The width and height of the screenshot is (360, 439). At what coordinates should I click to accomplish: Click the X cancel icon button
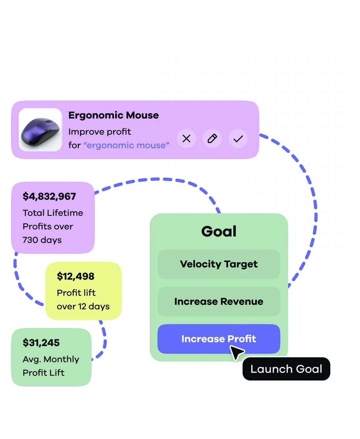click(186, 139)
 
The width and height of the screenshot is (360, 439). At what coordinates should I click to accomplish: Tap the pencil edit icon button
click(212, 139)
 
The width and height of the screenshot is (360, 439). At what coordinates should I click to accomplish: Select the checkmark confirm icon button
click(238, 139)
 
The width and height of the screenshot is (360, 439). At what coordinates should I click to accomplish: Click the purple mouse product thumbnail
click(40, 130)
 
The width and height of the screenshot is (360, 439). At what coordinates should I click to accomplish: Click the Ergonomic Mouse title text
click(114, 115)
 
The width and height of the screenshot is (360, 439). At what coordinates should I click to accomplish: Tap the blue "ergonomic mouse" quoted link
click(126, 145)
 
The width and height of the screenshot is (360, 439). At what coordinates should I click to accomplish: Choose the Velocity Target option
click(219, 264)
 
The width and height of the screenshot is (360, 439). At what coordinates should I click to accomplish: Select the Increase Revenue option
click(219, 301)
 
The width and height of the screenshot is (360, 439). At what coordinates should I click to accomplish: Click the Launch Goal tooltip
click(286, 369)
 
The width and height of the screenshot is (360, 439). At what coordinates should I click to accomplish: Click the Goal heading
click(219, 231)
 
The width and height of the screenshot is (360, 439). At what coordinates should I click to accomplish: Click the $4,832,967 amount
click(49, 196)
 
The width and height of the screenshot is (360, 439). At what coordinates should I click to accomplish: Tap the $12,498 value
click(75, 276)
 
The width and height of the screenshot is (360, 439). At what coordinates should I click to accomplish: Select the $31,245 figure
click(41, 343)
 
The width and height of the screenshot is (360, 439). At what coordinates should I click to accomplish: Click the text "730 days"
click(42, 240)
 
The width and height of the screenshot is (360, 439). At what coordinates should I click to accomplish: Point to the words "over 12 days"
click(83, 306)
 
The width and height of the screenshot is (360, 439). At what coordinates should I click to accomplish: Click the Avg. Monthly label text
click(51, 359)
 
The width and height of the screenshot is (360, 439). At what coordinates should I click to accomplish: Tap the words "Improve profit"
click(100, 132)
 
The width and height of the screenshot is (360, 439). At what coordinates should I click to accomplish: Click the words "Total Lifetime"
click(53, 213)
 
